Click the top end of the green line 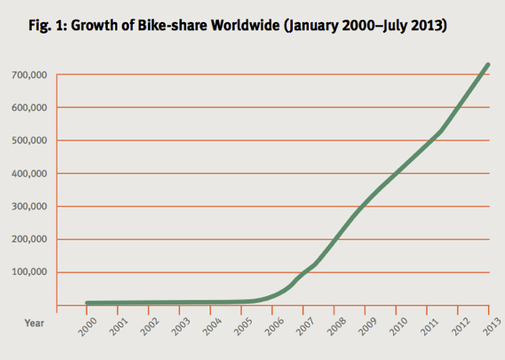pyautogui.click(x=487, y=65)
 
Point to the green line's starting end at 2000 pyautogui.click(x=88, y=303)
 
